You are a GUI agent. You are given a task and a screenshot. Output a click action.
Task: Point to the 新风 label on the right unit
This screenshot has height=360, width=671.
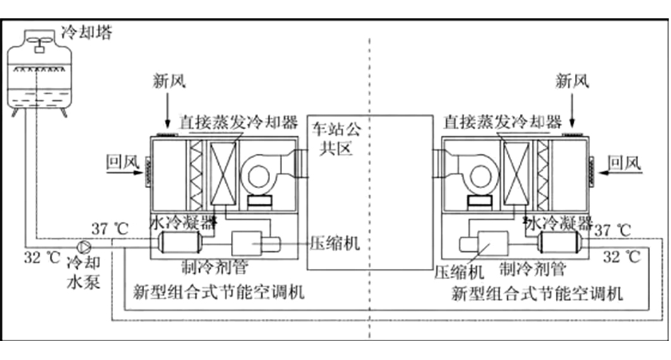pos(571,80)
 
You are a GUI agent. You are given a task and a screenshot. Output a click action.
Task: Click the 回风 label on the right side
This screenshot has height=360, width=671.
pos(624,163)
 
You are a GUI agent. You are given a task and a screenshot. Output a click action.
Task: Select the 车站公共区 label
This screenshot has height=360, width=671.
pos(337,140)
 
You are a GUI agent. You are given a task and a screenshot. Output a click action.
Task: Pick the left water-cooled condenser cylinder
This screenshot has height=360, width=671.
pos(181,242)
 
